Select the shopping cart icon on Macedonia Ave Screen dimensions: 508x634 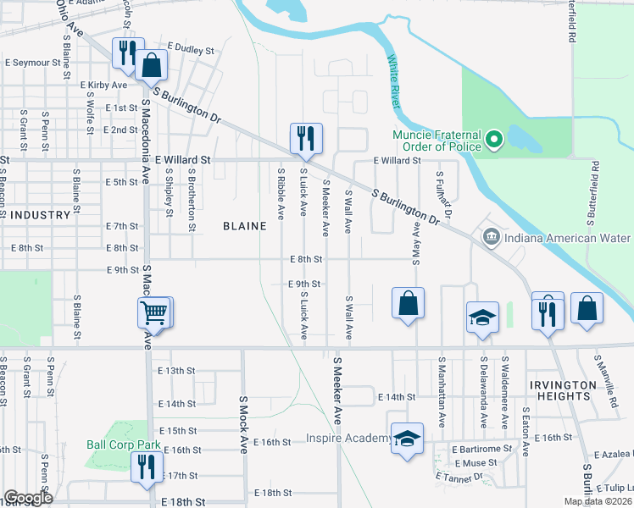(154, 313)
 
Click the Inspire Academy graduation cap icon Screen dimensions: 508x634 (408, 439)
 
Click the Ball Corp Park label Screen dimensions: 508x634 (124, 444)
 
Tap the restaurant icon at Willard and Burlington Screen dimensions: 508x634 (306, 139)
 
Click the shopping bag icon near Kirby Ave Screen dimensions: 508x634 (151, 66)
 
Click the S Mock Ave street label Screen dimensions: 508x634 (242, 424)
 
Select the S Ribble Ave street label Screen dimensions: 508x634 (281, 191)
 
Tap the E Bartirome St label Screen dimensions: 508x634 (482, 448)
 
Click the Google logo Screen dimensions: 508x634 (28, 498)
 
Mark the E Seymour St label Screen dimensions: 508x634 (33, 63)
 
